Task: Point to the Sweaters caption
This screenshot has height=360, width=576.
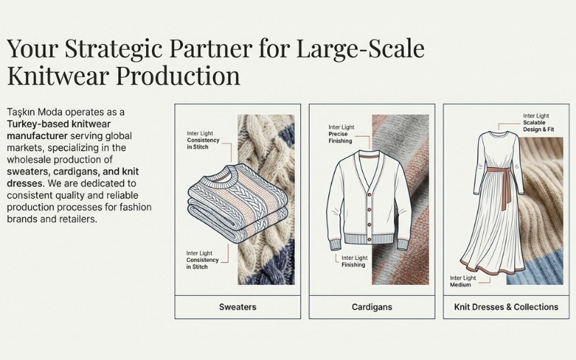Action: (238, 307)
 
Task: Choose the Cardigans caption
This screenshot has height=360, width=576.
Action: (372, 307)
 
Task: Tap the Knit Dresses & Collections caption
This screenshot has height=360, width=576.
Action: (506, 307)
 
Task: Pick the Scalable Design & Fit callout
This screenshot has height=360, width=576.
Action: (537, 123)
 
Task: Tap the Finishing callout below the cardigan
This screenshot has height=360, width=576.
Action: (354, 261)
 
